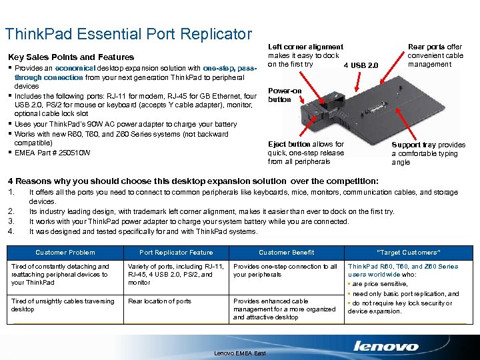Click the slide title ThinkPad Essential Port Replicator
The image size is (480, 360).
[128, 34]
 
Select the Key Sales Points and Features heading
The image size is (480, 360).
[70, 57]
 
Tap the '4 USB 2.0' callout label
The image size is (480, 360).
[361, 65]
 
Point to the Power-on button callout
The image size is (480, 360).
[284, 95]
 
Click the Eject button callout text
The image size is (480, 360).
[306, 153]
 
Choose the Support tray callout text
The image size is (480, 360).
[428, 153]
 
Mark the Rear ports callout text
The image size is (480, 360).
[435, 55]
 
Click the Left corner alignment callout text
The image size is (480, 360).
[305, 55]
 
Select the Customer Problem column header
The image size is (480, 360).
[65, 253]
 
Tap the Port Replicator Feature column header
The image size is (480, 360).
[176, 253]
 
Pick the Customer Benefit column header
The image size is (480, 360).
[287, 253]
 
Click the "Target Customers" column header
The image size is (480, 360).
[408, 253]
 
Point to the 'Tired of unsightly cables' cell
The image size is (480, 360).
[63, 305]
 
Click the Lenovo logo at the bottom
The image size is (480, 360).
[386, 345]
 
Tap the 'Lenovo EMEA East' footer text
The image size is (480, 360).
[238, 353]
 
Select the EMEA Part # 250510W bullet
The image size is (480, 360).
[52, 153]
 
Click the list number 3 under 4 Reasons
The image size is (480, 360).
[10, 221]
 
